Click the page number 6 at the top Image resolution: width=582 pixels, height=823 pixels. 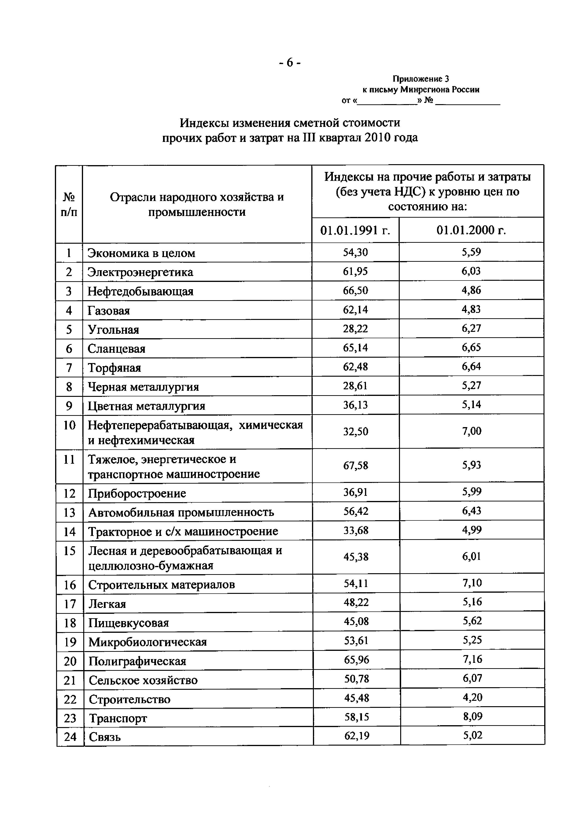[x=290, y=63]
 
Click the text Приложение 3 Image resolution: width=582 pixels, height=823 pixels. [x=420, y=79]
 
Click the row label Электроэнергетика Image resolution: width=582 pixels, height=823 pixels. [x=140, y=273]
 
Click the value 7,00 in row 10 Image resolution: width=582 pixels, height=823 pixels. [x=471, y=431]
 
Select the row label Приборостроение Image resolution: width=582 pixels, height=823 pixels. [x=137, y=493]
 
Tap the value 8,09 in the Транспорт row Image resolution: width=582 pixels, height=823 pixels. [x=472, y=717]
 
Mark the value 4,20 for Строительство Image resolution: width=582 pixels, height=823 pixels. [x=472, y=697]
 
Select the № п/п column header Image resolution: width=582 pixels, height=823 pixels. [x=69, y=204]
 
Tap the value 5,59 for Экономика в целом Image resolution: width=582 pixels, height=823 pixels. [x=471, y=252]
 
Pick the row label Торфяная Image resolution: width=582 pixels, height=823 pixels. [x=114, y=368]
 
